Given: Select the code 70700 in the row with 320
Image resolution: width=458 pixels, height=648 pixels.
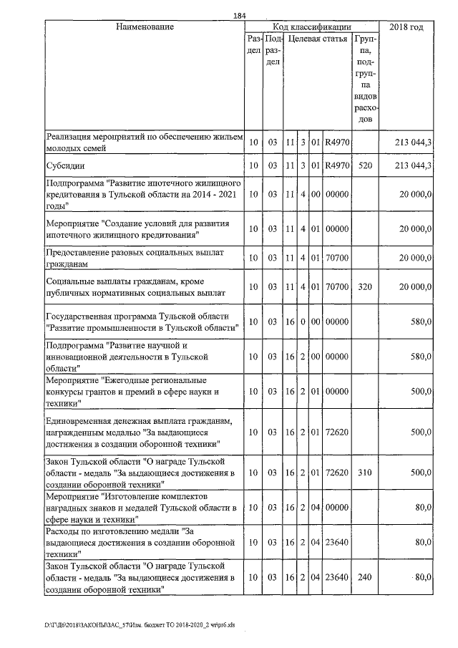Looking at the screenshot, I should [336, 287].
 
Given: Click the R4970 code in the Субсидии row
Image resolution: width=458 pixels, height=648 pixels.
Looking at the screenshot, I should [336, 166].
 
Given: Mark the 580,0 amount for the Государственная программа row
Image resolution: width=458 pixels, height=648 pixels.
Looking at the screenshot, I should [419, 322].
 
